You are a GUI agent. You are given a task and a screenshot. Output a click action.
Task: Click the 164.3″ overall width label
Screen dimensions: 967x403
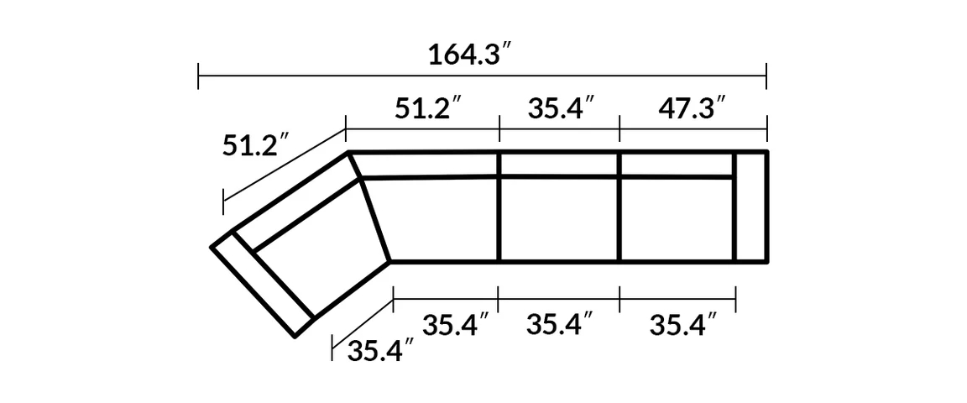coord(471,55)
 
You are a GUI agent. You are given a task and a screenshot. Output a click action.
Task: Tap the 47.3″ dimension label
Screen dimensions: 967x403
coord(691,108)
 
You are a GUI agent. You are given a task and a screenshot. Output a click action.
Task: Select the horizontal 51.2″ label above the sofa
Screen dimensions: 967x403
coord(429,108)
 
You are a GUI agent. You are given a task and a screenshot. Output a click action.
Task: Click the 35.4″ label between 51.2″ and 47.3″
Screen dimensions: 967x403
coord(561,108)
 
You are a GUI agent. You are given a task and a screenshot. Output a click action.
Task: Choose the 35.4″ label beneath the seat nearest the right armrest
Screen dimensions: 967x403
coord(683,324)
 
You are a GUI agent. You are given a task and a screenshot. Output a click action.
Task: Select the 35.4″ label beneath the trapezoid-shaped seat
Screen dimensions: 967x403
coord(456,324)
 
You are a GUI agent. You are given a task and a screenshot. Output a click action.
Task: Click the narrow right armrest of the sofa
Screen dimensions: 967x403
coord(751,207)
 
